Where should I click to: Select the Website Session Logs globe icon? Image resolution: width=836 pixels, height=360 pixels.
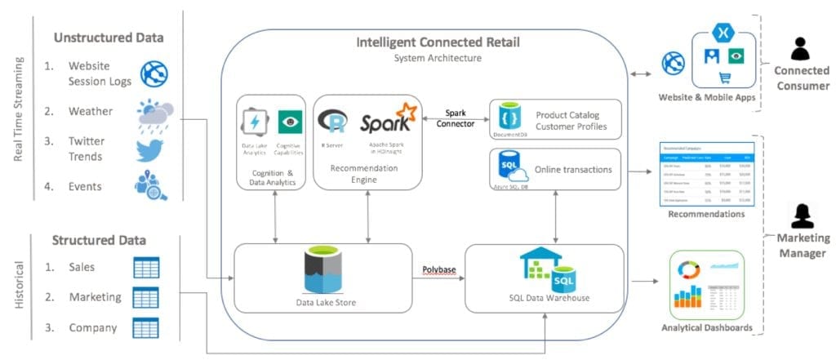coord(153,74)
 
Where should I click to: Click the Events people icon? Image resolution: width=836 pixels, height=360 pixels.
coord(152,187)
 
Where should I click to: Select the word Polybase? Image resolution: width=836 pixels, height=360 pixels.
coord(439,269)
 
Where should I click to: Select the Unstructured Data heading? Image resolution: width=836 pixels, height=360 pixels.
coord(109,37)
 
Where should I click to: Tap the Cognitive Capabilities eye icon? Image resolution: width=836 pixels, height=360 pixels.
coord(287,122)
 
